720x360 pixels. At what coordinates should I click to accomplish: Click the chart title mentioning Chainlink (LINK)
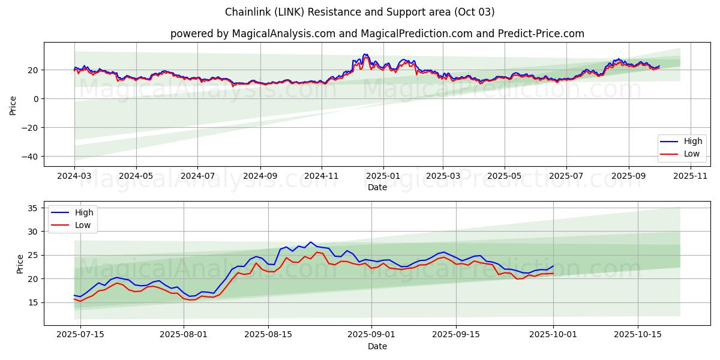[x=360, y=12]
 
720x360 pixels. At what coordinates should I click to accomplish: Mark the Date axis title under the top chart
[x=377, y=187]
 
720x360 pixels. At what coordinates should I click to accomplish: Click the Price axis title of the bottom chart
[x=20, y=263]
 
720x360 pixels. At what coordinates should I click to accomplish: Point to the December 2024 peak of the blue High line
[x=364, y=54]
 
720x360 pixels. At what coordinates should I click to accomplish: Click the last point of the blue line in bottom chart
[x=553, y=266]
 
